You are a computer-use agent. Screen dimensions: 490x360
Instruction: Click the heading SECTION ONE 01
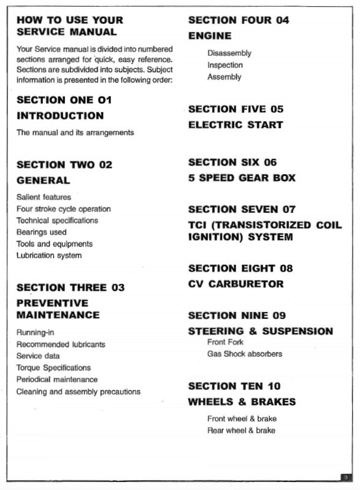point(64,100)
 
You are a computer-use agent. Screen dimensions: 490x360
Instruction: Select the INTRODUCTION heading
point(60,116)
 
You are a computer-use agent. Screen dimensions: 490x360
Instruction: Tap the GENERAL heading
point(43,180)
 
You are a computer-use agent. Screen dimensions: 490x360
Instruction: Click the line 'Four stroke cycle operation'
point(64,209)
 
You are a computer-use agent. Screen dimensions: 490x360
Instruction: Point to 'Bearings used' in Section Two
point(42,232)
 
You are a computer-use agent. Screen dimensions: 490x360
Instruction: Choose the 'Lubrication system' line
point(49,256)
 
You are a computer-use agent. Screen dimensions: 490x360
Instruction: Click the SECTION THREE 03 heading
point(71,287)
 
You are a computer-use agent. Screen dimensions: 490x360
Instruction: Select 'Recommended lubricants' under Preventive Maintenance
point(61,345)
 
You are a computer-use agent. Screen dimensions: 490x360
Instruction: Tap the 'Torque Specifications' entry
point(53,368)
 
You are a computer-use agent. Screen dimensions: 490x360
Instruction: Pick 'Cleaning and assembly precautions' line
point(79,391)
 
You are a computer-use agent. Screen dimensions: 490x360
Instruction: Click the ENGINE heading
point(210,36)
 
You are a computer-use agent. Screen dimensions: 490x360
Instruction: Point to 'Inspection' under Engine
point(225,65)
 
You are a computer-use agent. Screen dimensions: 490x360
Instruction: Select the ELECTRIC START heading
point(236,125)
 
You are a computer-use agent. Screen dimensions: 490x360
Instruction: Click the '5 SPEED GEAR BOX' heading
point(242,178)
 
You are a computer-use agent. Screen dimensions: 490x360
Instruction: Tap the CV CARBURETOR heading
point(236,284)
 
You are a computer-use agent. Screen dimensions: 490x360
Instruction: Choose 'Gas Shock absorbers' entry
point(245,354)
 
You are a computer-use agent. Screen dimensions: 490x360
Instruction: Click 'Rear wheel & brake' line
point(241,431)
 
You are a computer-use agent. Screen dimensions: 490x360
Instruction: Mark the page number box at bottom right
point(347,477)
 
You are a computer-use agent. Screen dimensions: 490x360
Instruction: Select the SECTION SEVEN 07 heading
point(242,210)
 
